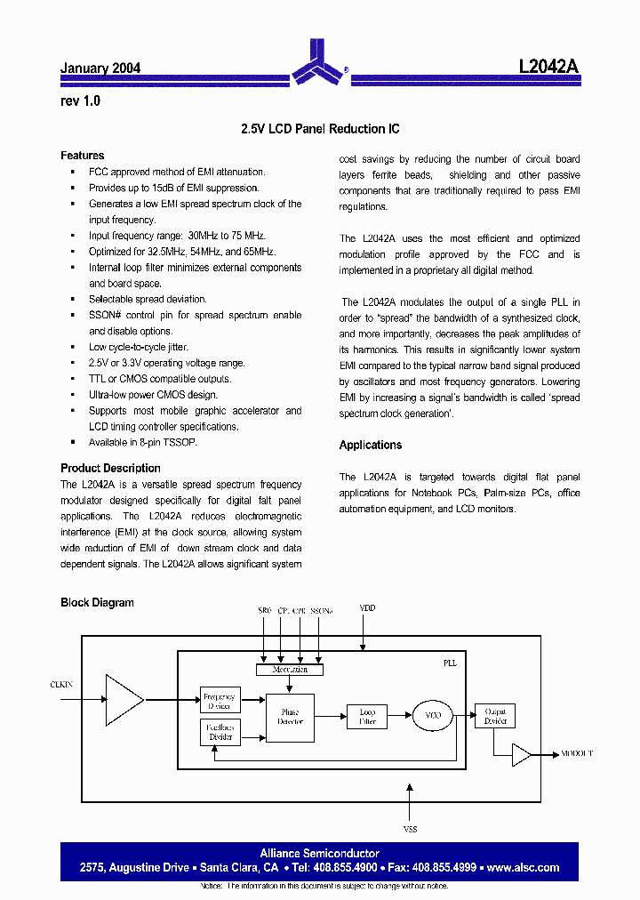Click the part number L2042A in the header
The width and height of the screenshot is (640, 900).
pos(548,67)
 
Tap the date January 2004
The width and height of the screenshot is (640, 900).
pos(100,68)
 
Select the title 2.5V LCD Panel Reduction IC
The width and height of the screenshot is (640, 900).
pos(320,129)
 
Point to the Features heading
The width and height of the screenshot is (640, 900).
pos(82,156)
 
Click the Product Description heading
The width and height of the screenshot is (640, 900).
pos(110,468)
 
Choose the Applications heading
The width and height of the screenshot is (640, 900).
pos(371,445)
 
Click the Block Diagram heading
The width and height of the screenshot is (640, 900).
pos(97,602)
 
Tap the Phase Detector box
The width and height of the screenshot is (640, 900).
pos(290,717)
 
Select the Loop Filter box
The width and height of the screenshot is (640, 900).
pos(367,717)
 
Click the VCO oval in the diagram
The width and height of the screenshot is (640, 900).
pos(433,714)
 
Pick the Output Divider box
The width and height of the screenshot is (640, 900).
pos(495,715)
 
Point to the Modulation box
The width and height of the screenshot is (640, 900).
pos(290,669)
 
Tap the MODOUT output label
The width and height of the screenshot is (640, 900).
pos(577,753)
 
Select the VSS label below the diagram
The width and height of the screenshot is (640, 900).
pos(410,829)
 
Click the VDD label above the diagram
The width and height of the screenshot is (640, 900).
pos(367,608)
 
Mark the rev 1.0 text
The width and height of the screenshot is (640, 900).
pos(80,101)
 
